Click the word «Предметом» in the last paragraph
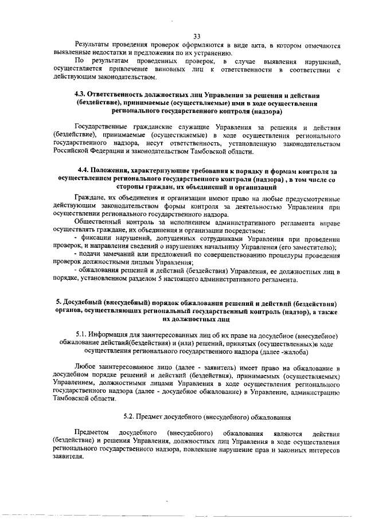pos(93,433)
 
